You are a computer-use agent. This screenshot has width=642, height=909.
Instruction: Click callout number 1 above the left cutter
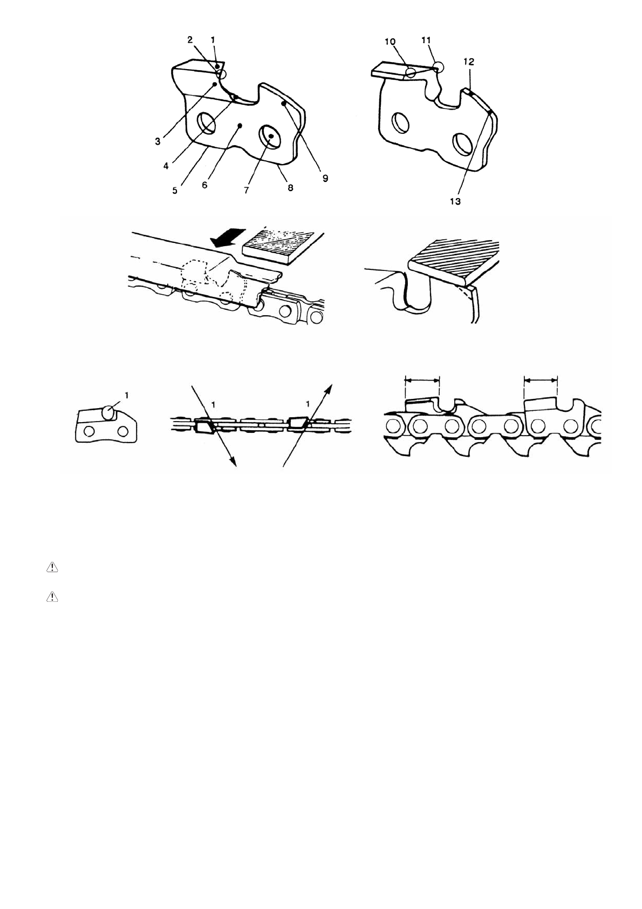click(214, 39)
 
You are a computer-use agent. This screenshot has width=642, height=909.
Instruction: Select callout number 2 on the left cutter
click(190, 39)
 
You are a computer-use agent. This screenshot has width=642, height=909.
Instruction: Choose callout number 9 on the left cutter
click(325, 178)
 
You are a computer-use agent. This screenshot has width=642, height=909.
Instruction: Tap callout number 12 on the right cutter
click(468, 62)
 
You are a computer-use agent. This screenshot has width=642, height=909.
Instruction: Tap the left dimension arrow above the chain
click(422, 380)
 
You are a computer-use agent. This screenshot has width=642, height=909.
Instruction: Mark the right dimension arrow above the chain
click(541, 380)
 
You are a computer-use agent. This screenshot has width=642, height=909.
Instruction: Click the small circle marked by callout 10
click(411, 73)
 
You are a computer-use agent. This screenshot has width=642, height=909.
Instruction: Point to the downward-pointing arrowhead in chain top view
click(234, 460)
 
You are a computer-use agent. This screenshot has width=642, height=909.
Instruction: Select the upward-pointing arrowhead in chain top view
click(329, 388)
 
